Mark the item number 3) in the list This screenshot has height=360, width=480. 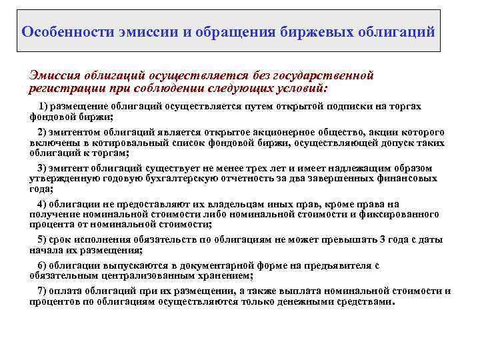pyautogui.click(x=43, y=168)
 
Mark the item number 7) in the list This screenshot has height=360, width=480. pyautogui.click(x=43, y=291)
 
